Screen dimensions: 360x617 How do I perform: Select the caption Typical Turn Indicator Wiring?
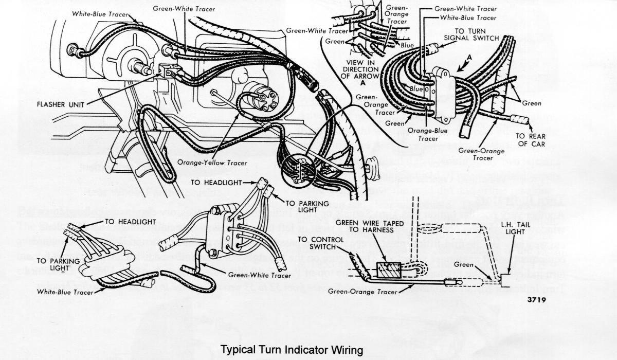tap(292, 350)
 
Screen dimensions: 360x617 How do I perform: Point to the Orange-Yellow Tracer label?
tap(212, 163)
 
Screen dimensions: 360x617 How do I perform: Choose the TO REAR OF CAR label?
tap(531, 140)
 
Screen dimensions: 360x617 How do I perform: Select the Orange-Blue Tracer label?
tap(428, 134)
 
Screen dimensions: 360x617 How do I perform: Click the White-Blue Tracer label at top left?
tap(99, 14)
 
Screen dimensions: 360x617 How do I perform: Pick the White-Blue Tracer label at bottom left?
tap(65, 292)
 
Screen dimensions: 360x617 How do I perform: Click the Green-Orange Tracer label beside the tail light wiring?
tap(363, 292)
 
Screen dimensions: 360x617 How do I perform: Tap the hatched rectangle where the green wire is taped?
tap(389, 269)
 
